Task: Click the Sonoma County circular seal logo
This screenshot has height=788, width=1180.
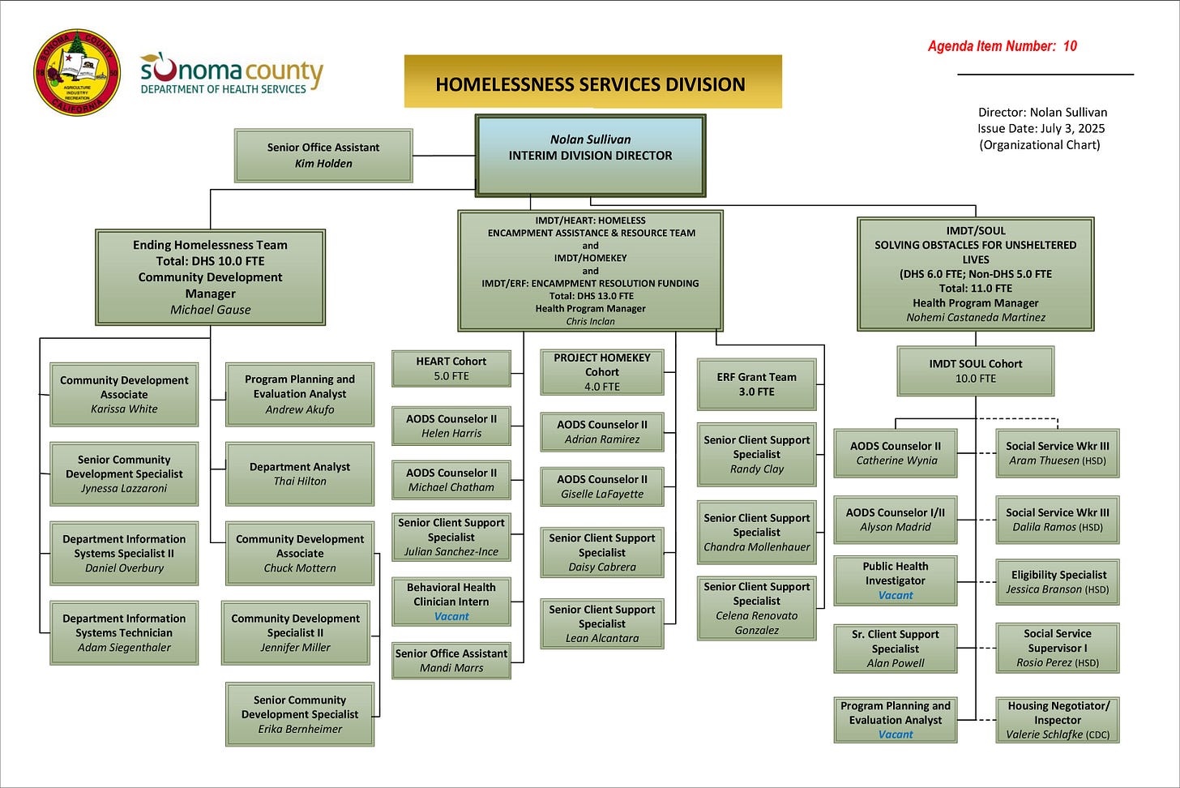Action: click(76, 73)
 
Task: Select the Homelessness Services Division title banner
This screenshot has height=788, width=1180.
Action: click(592, 83)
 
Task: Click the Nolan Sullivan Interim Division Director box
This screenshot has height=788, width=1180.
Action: click(590, 155)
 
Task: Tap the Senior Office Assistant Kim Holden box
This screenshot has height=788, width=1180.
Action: click(323, 156)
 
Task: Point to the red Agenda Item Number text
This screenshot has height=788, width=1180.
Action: click(1002, 46)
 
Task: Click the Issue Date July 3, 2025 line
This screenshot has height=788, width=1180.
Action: click(1041, 128)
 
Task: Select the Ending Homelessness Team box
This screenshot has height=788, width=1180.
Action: click(211, 276)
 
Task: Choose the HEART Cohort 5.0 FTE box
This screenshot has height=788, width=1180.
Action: click(451, 369)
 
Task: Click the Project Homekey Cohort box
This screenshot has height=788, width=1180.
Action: click(602, 371)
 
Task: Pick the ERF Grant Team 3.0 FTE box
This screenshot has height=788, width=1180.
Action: click(756, 384)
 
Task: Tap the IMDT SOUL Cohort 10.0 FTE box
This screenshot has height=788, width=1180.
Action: click(976, 371)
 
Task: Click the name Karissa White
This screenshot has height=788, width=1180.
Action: click(124, 409)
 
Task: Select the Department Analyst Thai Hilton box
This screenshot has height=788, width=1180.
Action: click(300, 473)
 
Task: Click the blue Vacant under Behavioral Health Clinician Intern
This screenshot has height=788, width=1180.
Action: click(451, 617)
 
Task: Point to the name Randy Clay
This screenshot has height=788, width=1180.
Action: click(757, 469)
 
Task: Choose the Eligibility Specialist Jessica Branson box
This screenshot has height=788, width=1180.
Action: click(1058, 582)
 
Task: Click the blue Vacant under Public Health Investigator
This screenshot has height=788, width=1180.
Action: click(896, 596)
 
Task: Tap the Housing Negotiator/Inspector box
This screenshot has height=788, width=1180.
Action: click(1058, 720)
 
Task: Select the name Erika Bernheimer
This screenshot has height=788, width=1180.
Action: click(300, 730)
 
